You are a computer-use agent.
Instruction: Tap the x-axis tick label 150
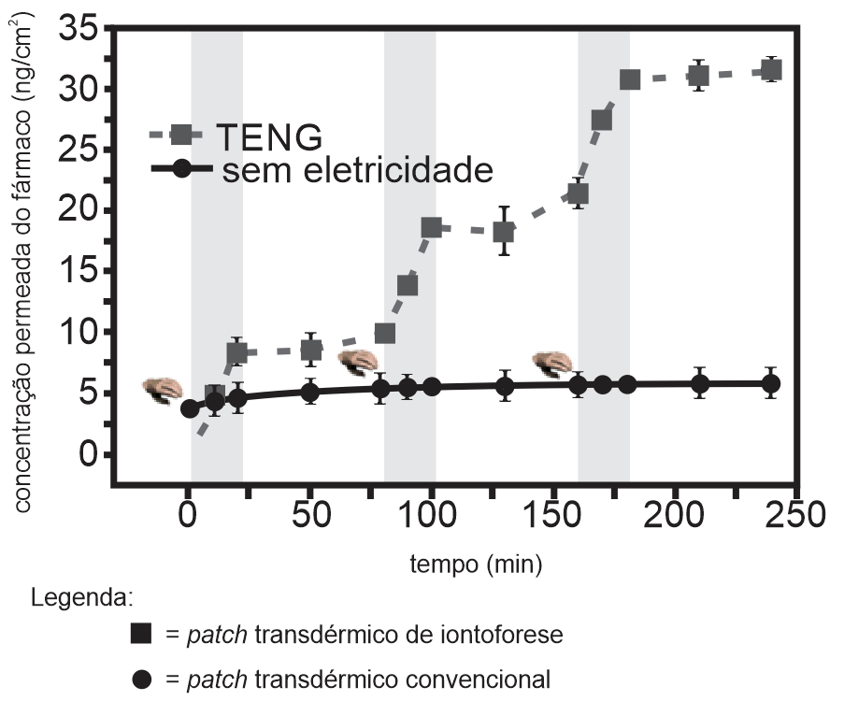click(x=551, y=515)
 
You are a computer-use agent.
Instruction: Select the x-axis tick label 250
click(x=795, y=515)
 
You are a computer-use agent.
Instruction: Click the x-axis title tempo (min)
click(x=476, y=565)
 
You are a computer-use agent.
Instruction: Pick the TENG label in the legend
click(x=269, y=137)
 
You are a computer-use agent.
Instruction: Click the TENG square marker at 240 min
click(x=771, y=70)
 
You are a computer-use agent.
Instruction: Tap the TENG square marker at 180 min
click(x=629, y=80)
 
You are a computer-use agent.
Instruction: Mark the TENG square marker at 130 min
click(x=504, y=232)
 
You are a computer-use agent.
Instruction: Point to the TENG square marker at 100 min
click(x=431, y=228)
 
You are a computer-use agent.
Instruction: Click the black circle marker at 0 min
click(x=190, y=409)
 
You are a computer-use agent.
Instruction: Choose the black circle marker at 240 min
click(x=771, y=384)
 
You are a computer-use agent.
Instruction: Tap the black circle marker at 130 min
click(x=505, y=386)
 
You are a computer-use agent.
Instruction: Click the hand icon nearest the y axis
click(x=163, y=391)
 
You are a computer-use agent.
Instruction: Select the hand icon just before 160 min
click(x=551, y=364)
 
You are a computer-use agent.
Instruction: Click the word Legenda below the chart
click(x=81, y=597)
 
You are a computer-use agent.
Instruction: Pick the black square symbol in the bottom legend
click(x=141, y=634)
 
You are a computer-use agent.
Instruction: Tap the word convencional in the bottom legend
click(x=478, y=680)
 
